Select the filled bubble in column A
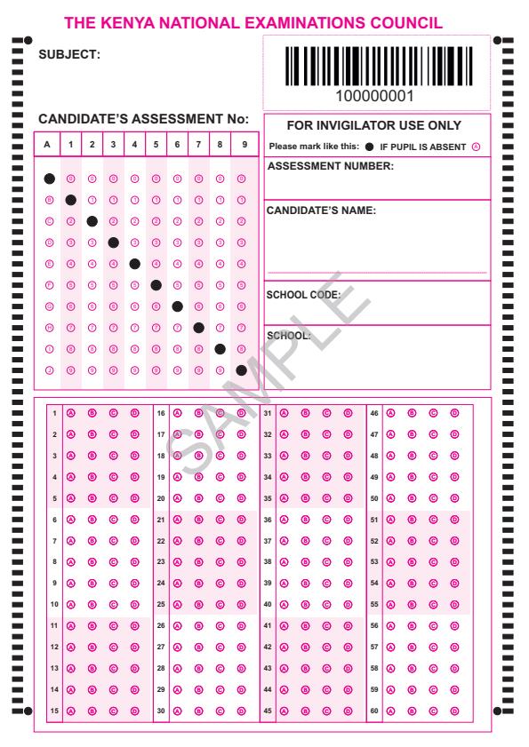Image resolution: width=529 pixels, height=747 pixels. pos(50,179)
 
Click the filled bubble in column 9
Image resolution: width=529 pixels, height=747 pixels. pos(241,370)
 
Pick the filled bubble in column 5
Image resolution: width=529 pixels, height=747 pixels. pos(156,286)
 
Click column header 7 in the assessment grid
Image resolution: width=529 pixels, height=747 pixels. pos(198,143)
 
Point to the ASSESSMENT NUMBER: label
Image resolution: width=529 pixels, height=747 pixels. pos(330,169)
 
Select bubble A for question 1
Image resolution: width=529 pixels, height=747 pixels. pos(70,414)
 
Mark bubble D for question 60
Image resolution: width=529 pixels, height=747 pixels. pos(454,711)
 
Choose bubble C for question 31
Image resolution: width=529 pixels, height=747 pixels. pos(326,414)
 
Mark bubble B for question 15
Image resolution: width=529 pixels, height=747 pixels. pos(92,711)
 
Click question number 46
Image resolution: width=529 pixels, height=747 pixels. pos(374,414)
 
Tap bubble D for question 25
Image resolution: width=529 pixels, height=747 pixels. pos(241,605)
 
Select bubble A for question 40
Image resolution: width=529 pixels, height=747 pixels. pos(284,605)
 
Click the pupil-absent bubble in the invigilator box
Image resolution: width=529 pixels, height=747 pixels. pos(476,146)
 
